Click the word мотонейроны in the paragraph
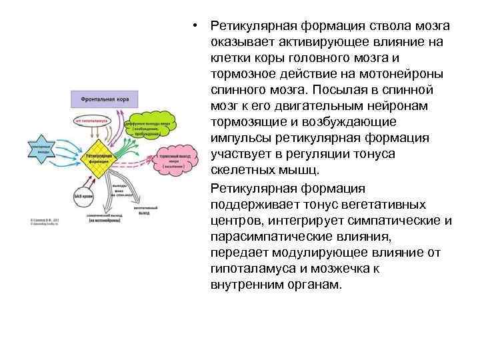coord(402,74)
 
